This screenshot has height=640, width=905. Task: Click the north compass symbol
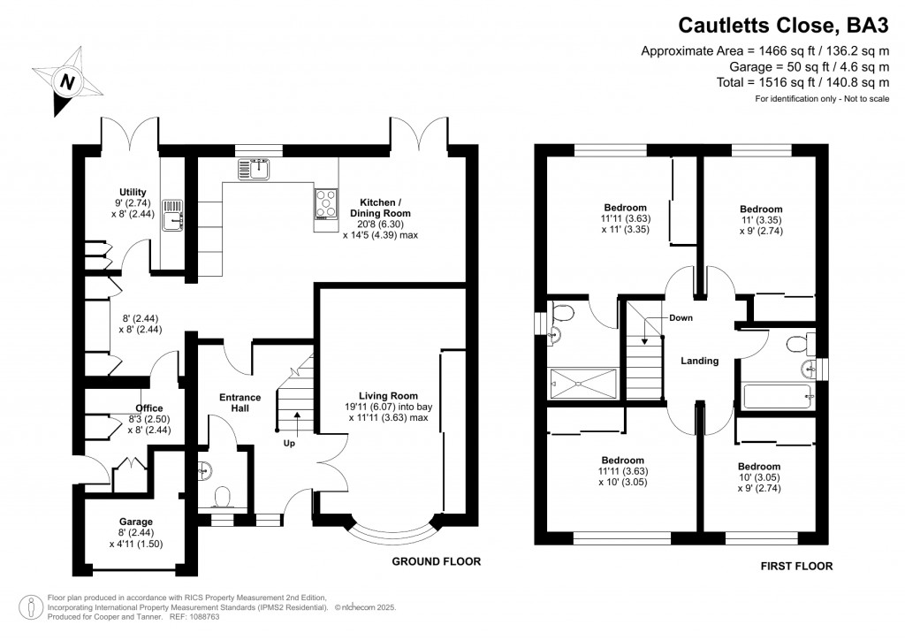point(66,81)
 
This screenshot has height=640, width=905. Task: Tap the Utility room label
point(133,192)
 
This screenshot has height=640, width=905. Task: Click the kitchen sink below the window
point(257,167)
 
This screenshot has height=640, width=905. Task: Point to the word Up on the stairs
point(289,442)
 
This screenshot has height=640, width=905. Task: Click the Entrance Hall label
point(240,403)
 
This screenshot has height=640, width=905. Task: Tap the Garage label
point(136,522)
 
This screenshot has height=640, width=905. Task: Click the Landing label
point(699,361)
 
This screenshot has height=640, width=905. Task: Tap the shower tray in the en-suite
point(583,382)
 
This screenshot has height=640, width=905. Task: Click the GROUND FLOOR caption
point(437,561)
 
